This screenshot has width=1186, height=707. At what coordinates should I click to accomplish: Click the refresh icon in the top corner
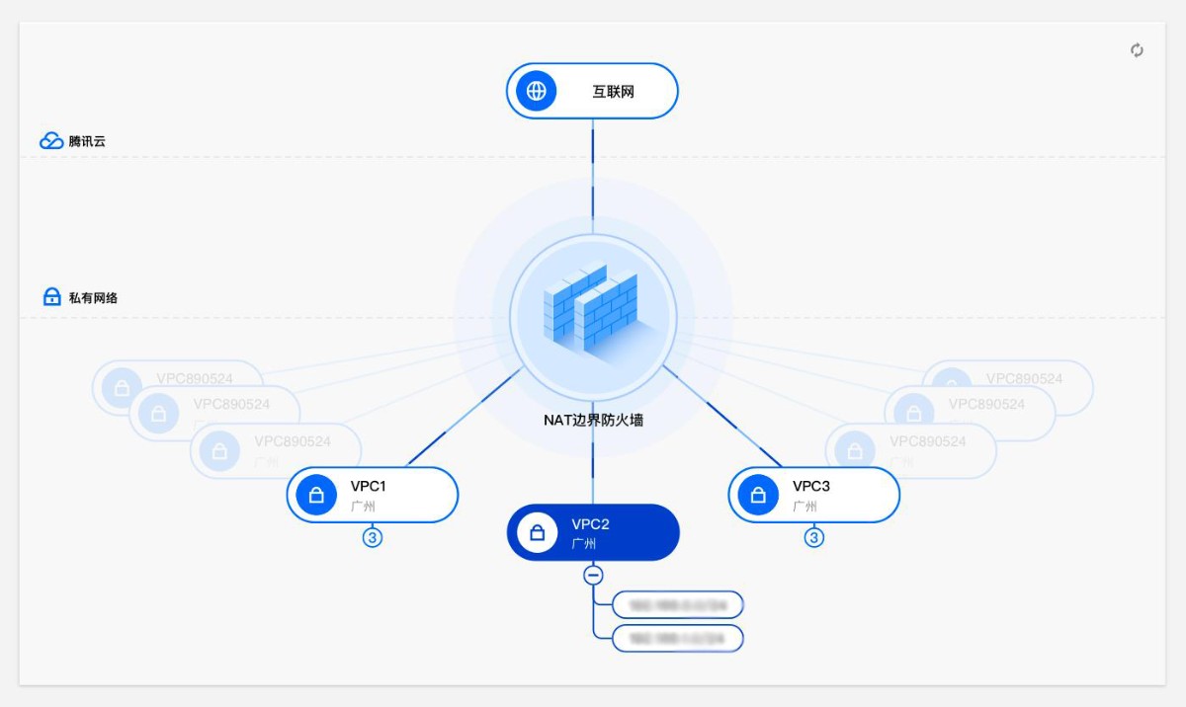(1137, 50)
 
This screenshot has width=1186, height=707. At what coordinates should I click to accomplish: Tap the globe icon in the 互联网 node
(536, 92)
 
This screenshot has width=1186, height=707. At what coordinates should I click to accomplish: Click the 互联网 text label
(613, 92)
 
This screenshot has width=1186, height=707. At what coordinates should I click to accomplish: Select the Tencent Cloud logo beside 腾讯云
(51, 141)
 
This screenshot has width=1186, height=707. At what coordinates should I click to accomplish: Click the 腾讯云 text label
(87, 141)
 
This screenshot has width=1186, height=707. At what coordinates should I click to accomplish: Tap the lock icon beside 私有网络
(52, 297)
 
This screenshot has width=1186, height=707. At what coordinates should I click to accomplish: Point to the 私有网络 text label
(93, 297)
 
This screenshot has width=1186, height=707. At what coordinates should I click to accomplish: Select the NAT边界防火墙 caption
(593, 420)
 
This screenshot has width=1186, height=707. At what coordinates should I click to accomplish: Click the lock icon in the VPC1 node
(316, 495)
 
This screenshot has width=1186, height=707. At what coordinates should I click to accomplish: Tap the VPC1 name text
(368, 486)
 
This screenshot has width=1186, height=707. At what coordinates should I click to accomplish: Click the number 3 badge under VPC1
(373, 538)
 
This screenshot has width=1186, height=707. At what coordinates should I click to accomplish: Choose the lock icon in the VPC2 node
(537, 533)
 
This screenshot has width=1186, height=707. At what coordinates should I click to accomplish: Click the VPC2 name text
(590, 524)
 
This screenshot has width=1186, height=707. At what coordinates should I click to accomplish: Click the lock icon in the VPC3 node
(758, 495)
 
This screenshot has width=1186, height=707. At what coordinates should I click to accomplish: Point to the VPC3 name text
(810, 486)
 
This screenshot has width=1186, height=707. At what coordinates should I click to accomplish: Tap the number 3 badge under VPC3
(813, 538)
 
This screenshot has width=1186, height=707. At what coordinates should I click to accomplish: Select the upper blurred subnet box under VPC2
(678, 604)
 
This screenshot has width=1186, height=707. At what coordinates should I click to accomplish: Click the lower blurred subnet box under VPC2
(678, 638)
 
